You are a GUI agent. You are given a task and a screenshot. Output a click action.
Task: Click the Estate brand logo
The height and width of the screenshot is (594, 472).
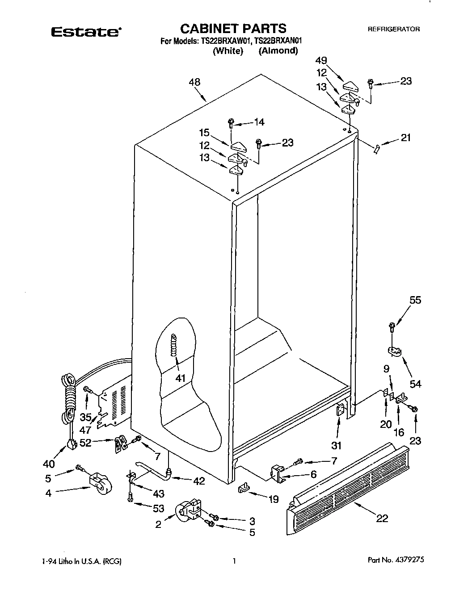point(85,32)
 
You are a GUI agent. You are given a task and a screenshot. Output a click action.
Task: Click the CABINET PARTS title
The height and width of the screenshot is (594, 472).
point(233,29)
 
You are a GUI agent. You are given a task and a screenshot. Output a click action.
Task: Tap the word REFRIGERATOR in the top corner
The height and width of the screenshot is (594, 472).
point(393,29)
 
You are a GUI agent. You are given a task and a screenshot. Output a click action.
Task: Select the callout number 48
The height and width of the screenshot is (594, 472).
point(194,82)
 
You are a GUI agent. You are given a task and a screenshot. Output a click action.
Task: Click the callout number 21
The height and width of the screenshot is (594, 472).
point(405,138)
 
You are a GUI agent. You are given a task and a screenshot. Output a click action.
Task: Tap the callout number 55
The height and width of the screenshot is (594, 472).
point(415,300)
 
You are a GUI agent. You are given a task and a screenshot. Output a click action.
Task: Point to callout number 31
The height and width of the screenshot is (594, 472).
point(336,445)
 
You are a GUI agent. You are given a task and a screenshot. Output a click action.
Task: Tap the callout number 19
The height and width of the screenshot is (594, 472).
point(273,499)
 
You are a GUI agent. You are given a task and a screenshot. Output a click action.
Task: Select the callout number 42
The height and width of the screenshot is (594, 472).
point(199,481)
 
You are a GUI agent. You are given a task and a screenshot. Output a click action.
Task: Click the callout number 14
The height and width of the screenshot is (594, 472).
point(259,122)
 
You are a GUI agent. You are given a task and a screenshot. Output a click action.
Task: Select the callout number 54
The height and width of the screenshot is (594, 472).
point(416,384)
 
